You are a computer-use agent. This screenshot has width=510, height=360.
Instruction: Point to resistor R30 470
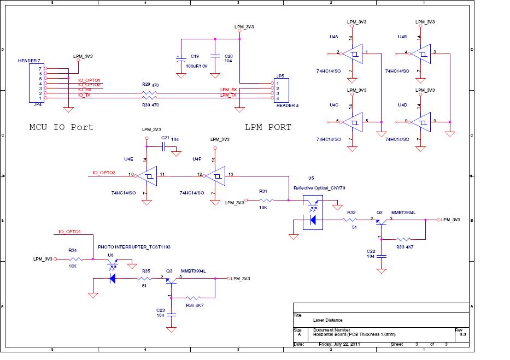point(146,98)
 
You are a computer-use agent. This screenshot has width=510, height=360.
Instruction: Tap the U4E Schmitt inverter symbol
point(146,176)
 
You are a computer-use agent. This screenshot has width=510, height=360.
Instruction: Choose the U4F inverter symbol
point(215,176)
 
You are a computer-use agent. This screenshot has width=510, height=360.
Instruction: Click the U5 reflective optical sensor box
point(313,211)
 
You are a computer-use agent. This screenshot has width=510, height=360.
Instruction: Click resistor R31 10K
point(263,200)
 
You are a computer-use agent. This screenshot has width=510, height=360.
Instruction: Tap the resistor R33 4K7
point(403,239)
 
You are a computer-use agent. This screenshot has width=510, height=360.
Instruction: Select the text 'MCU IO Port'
point(61,127)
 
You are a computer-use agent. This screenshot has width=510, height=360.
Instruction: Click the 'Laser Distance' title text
point(328,320)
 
